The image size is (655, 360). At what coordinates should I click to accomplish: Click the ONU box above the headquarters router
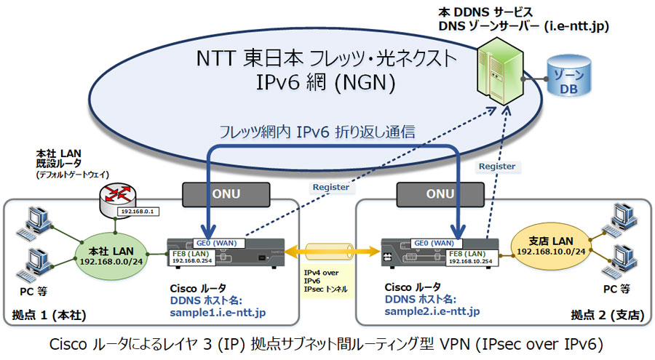point(226,194)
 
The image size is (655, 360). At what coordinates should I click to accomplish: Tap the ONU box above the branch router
point(440,194)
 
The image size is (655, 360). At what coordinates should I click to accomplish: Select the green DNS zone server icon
point(500,71)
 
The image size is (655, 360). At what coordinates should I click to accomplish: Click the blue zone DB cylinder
point(568,76)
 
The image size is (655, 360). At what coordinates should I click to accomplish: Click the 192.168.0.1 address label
point(138,212)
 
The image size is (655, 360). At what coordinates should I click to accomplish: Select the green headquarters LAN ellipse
point(111,255)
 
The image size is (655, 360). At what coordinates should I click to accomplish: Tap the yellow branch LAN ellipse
point(551,246)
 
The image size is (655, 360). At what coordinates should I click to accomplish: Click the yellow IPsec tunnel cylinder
point(329,252)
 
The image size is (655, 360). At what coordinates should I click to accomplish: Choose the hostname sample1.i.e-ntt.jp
point(218,313)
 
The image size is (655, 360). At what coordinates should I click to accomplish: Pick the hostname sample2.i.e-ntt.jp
point(432,311)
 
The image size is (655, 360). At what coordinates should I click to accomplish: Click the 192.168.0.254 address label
point(192,260)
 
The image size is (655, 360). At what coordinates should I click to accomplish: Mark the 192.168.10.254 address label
point(471,261)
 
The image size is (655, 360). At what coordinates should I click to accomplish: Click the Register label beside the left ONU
point(331,187)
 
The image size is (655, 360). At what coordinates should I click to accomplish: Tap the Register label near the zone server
point(496,167)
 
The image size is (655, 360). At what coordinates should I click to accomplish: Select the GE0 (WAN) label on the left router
point(216,243)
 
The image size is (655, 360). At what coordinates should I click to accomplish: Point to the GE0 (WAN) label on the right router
point(434,243)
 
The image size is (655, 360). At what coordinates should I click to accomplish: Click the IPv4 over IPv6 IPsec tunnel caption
point(325,281)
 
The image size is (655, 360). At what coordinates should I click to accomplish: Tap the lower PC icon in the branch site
point(620,261)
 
